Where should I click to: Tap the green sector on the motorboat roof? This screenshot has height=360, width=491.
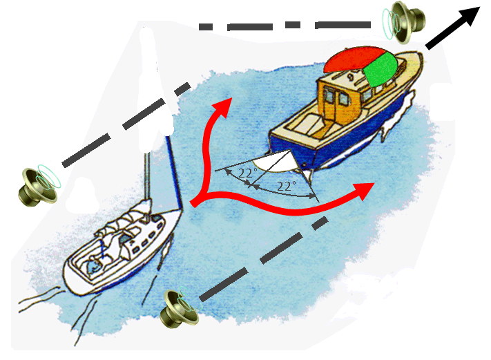pos(382,69)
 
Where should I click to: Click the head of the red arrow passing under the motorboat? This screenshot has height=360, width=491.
pos(364,191)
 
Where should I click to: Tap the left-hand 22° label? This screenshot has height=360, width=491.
pos(247,173)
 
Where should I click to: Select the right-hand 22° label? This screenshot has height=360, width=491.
pos(286,187)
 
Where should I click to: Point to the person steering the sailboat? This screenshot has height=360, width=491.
pos(95,265)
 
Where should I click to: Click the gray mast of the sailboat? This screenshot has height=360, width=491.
pos(147,176)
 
